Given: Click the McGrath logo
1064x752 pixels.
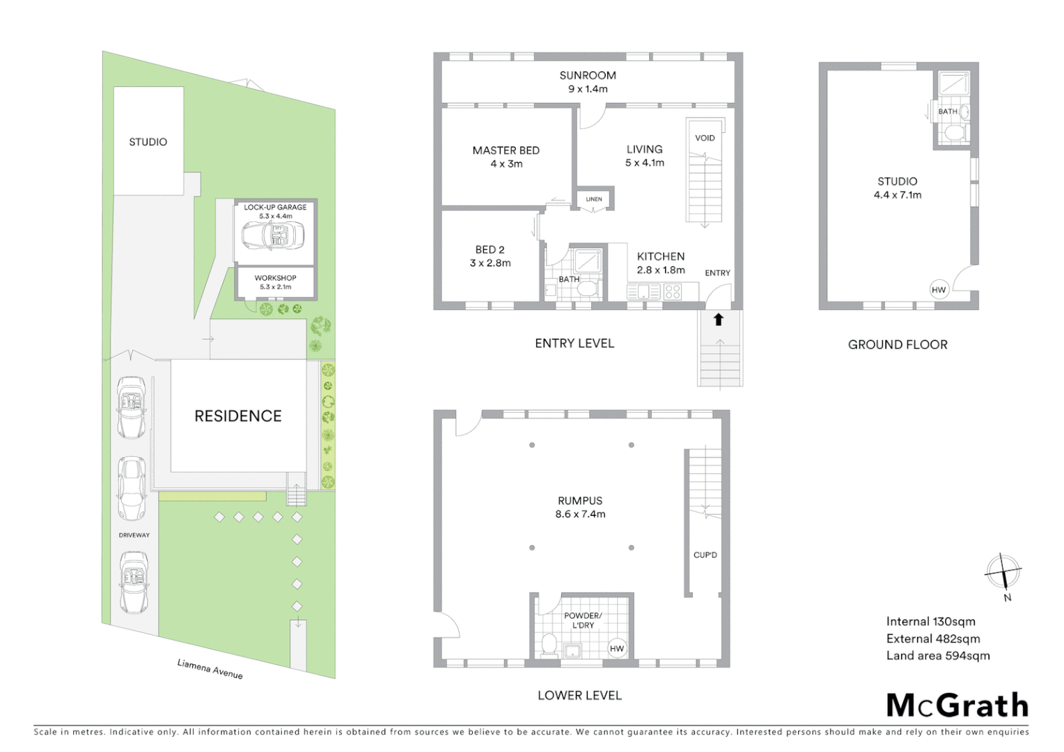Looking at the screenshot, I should pyautogui.click(x=957, y=706).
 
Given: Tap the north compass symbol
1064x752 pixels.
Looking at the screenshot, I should pyautogui.click(x=1003, y=574).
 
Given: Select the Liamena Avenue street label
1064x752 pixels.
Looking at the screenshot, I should pyautogui.click(x=210, y=668).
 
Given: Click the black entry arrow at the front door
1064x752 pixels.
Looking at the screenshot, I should pyautogui.click(x=719, y=320).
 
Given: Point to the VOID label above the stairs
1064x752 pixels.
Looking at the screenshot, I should pyautogui.click(x=705, y=138).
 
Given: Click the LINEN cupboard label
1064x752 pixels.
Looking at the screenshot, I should pyautogui.click(x=594, y=199).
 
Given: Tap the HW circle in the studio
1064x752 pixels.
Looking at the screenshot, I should pyautogui.click(x=939, y=290).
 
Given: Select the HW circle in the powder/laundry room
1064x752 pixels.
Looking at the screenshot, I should pyautogui.click(x=617, y=648).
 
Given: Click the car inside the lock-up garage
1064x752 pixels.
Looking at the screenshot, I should pyautogui.click(x=273, y=236).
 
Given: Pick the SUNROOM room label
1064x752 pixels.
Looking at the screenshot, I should pyautogui.click(x=588, y=75).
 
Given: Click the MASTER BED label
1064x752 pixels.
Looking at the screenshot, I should pyautogui.click(x=506, y=150).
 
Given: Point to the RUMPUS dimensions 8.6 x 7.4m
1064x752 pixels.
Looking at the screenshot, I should pyautogui.click(x=580, y=515).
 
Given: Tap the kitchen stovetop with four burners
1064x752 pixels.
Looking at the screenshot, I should pyautogui.click(x=673, y=292).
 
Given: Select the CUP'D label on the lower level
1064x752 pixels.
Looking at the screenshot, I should pyautogui.click(x=705, y=555).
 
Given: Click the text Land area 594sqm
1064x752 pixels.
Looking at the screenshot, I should pyautogui.click(x=937, y=656).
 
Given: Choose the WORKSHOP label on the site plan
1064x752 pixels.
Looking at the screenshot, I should pyautogui.click(x=275, y=278).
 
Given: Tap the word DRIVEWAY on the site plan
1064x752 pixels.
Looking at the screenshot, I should pyautogui.click(x=134, y=535).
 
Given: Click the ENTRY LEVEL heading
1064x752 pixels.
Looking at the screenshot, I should pyautogui.click(x=574, y=343).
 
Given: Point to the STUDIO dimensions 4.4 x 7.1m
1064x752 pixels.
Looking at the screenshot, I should pyautogui.click(x=897, y=195).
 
